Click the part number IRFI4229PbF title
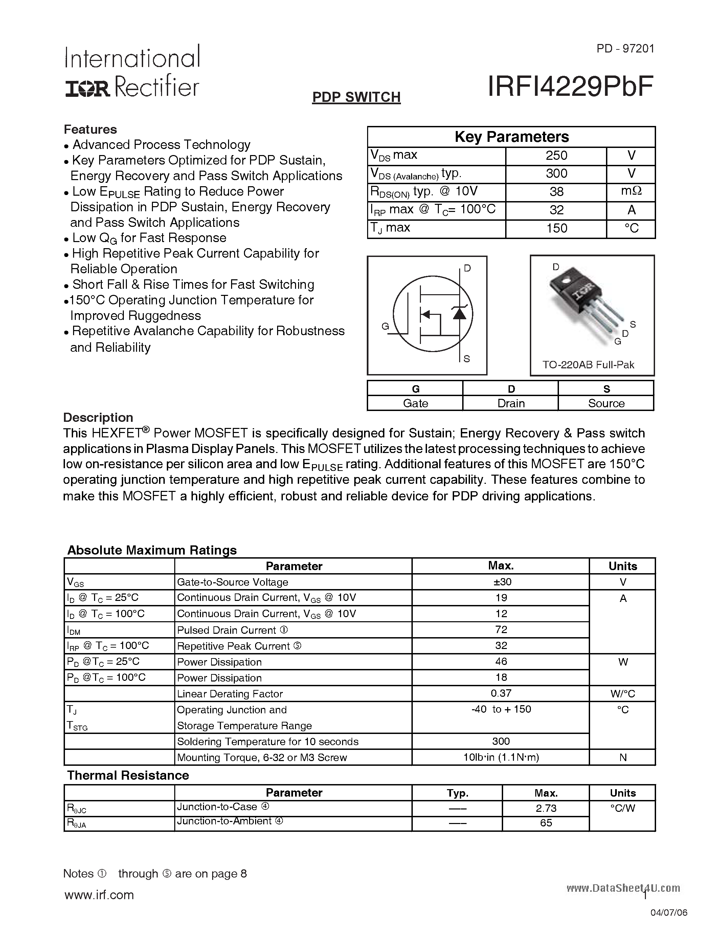click(x=570, y=87)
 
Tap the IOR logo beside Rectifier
click(x=87, y=89)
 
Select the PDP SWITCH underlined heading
click(x=356, y=97)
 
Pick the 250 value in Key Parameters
click(x=556, y=156)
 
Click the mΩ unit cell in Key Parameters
click(x=631, y=191)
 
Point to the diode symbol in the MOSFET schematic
click(x=459, y=313)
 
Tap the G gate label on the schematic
click(x=385, y=327)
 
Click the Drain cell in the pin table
click(x=510, y=403)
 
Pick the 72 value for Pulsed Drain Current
click(x=501, y=629)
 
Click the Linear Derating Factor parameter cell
click(x=230, y=694)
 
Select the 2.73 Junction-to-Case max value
click(x=546, y=808)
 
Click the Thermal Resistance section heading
click(x=128, y=775)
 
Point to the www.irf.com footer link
click(x=99, y=894)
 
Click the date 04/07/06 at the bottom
click(x=669, y=913)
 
